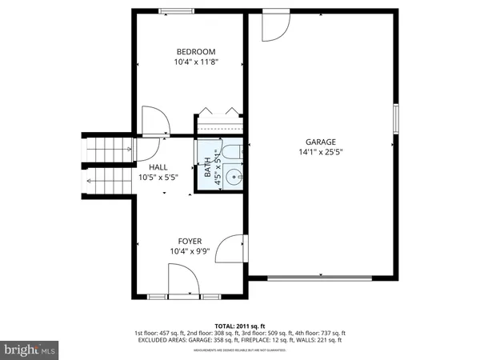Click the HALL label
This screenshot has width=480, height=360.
point(158,167)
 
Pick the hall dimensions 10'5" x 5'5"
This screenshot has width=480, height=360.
point(158,178)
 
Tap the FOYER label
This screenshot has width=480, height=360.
point(190,241)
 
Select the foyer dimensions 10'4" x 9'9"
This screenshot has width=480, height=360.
point(190,251)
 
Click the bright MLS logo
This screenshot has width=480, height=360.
point(30,350)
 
